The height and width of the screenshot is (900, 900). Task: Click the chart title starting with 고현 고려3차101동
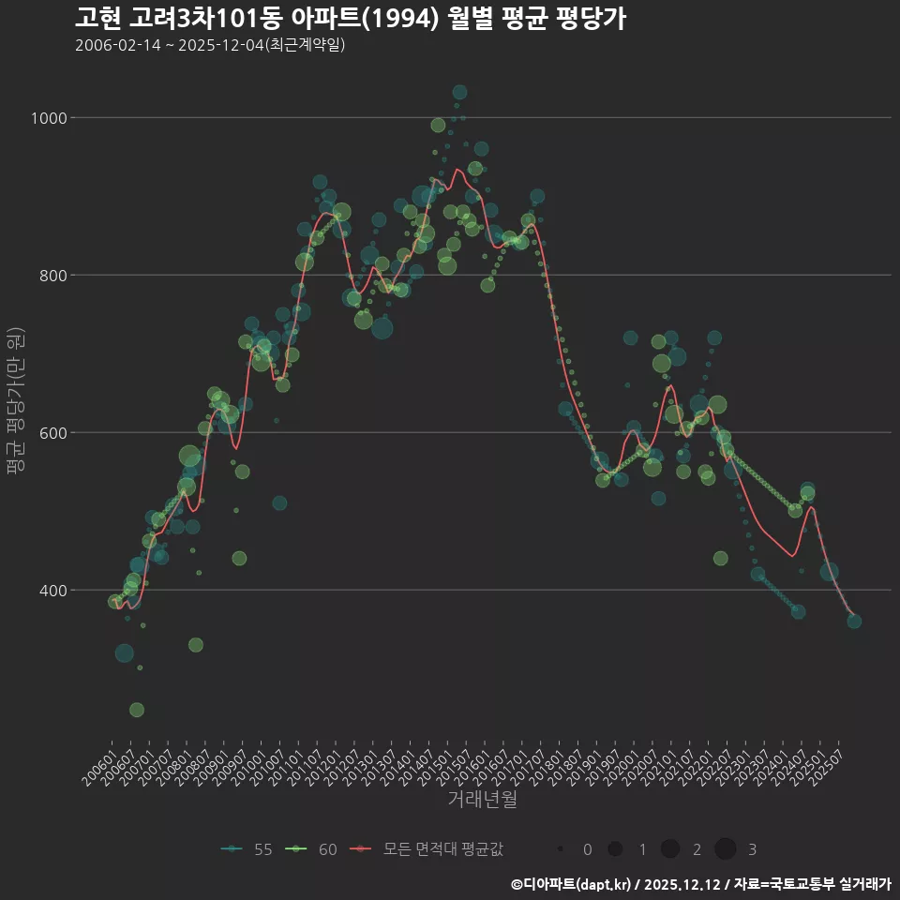point(350,19)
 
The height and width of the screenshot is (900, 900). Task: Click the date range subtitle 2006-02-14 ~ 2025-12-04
point(210,45)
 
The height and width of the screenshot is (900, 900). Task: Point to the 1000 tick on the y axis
point(48,118)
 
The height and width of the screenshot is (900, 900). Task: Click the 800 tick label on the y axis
point(52,276)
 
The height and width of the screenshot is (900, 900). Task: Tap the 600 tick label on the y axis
point(52,433)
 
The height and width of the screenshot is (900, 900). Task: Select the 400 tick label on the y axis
point(52,591)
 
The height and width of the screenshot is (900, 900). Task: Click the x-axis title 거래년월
point(482,800)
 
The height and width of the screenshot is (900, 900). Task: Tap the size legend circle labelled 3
point(725,849)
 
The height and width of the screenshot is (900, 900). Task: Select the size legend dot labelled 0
point(560,849)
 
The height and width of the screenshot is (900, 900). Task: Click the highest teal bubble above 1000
point(459,92)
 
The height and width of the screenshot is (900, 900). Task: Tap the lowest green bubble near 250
point(137,710)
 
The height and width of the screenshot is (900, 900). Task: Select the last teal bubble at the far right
point(854,621)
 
